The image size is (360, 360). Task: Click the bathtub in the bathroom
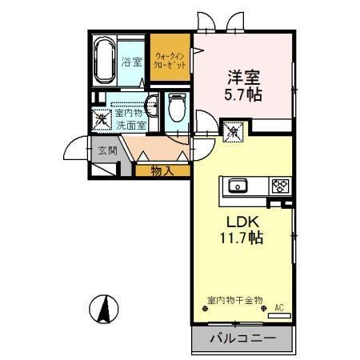point(104,61)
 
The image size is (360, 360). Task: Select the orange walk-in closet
point(170,59)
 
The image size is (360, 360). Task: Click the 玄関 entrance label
point(108,150)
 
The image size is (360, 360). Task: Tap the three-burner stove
point(280,186)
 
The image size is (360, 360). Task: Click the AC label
point(280,306)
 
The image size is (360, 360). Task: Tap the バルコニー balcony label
point(242,338)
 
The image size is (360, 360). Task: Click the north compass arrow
point(105,310)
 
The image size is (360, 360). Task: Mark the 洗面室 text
point(130,126)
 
